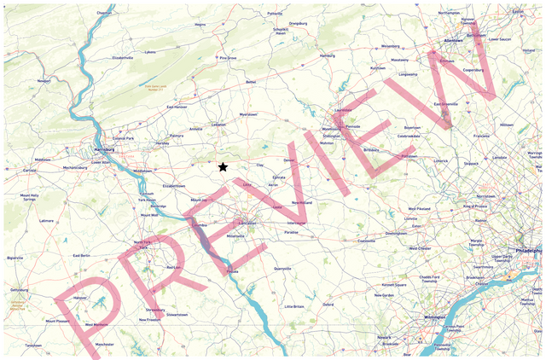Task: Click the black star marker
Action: [x=223, y=167]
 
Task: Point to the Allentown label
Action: [x=452, y=39]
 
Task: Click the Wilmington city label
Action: [x=435, y=317]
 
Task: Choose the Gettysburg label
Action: [x=20, y=289]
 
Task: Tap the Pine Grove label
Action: [x=227, y=58]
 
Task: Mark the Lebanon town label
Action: [x=218, y=125]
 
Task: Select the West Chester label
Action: [x=420, y=248]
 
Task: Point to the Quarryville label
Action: [x=282, y=268]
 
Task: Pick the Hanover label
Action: [x=79, y=298]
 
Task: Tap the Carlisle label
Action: [x=30, y=171]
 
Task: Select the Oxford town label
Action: [x=328, y=304]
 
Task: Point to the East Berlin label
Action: [x=82, y=255]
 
